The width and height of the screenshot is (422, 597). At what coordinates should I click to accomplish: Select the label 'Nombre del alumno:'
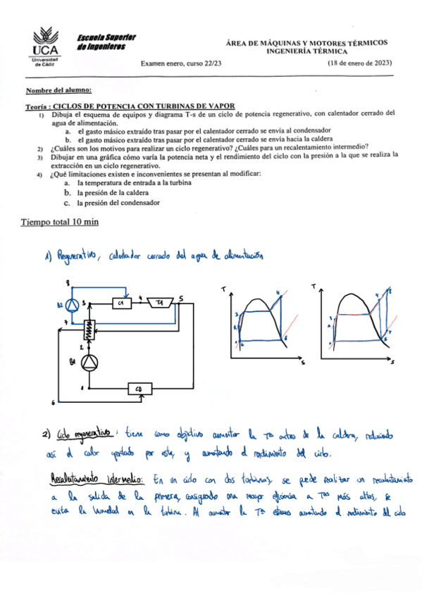pos(58,91)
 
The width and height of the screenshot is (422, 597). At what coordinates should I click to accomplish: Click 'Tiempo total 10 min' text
pos(60,222)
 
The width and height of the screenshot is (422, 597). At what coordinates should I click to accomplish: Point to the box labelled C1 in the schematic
pos(122,302)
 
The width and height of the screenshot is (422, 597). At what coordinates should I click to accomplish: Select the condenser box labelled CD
pos(139,388)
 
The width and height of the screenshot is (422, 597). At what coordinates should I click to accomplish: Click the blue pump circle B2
pos(71,304)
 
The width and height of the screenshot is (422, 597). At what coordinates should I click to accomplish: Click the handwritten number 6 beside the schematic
pos(54,402)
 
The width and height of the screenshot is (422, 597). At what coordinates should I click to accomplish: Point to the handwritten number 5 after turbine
pos(182,298)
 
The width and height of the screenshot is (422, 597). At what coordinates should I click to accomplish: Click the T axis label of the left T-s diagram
pos(223,289)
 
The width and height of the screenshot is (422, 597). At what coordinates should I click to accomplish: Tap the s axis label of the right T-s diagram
pos(393,363)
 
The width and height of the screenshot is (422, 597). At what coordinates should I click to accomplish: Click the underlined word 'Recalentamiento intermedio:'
pos(99,479)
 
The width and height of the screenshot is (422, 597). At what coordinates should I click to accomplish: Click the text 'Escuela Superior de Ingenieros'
pos(106,42)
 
